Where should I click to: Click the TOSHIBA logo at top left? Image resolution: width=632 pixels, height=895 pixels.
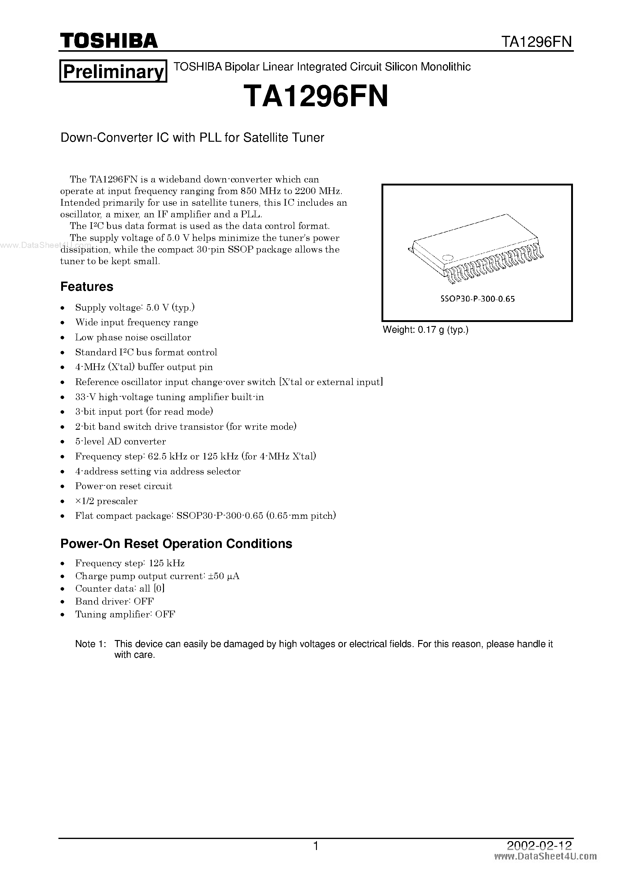109,40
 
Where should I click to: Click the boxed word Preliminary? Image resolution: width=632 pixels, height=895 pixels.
113,71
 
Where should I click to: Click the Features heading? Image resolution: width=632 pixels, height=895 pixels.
87,286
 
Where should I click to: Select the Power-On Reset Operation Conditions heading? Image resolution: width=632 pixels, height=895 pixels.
176,543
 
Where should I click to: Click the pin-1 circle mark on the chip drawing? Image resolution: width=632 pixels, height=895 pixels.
448,257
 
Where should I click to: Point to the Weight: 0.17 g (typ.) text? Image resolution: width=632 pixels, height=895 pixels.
426,330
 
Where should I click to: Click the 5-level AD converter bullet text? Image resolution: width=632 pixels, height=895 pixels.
121,441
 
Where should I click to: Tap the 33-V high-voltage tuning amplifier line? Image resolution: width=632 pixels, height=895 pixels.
169,397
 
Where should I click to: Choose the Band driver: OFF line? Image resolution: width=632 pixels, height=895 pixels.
114,601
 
